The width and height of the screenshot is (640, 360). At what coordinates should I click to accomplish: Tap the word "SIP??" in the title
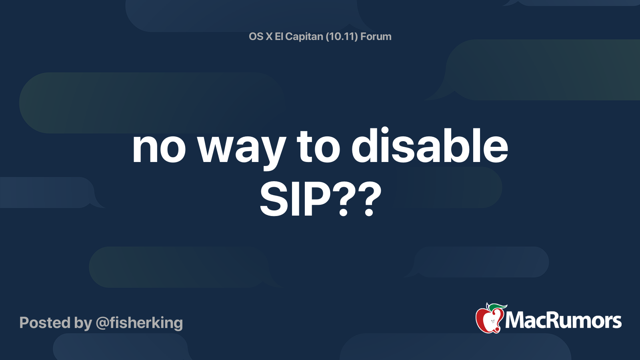coord(320,199)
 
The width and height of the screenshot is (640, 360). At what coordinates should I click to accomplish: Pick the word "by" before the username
coord(83,323)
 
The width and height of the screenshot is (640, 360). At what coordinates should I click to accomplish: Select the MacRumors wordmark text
coord(563,320)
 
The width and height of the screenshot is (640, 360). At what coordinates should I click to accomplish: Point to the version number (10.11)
coord(342,36)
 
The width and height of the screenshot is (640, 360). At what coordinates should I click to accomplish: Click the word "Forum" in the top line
coord(376,36)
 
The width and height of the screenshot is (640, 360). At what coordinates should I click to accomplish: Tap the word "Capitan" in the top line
coord(304,36)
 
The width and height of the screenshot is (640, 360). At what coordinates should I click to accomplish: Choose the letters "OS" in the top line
coord(256,36)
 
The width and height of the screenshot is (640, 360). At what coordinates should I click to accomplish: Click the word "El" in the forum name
coord(279,36)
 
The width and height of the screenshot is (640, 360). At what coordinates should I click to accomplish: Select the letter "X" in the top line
coord(269,36)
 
